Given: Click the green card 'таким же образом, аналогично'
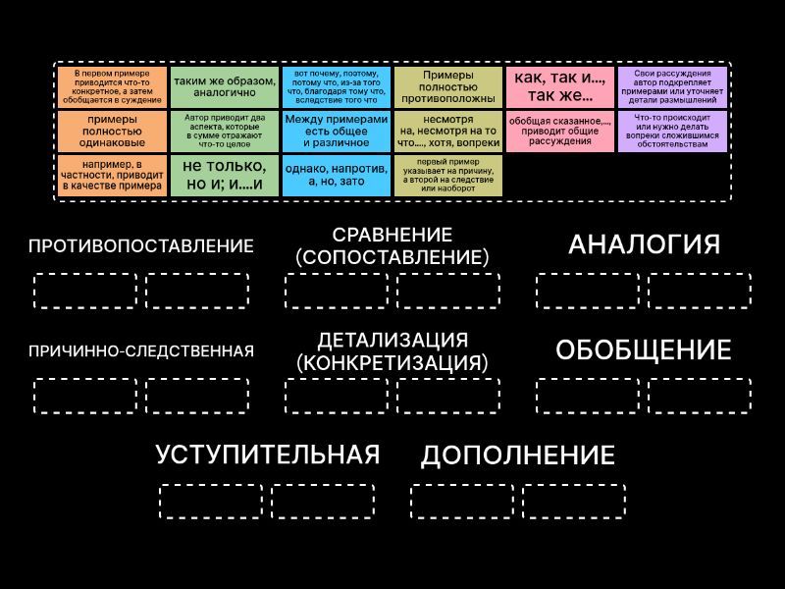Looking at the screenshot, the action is coord(225,87).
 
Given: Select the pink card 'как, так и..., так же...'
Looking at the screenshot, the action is coord(560,87).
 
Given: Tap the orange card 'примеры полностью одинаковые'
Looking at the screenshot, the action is coord(112,132).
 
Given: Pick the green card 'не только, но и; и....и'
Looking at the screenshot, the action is coord(225,176).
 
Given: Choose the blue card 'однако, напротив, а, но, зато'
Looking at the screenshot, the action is coord(337,176).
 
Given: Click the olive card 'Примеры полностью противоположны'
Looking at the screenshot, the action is coord(448,87).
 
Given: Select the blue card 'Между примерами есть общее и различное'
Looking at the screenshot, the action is coord(337,132).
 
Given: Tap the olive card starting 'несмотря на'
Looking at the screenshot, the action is coord(448,132).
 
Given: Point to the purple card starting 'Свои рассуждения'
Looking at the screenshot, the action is coord(672,87).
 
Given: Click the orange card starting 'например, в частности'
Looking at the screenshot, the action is coord(112,176).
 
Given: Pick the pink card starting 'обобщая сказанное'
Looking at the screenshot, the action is coord(560,132).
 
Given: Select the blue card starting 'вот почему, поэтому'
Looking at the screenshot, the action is coord(337,87).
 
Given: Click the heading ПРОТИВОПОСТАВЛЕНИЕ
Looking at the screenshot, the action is coord(141,246).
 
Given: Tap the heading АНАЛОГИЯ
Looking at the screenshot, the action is coord(644,244).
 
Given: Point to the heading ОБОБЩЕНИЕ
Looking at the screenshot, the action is coord(644,349).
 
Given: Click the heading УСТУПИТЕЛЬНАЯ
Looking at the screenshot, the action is coord(268,455).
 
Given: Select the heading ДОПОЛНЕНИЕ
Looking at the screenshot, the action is coord(518,455).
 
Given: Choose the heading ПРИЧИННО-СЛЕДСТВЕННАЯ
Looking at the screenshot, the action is coord(141,351).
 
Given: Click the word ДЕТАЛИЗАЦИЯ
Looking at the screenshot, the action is coord(392,340).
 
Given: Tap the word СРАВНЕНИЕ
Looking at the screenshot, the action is coord(392,235).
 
